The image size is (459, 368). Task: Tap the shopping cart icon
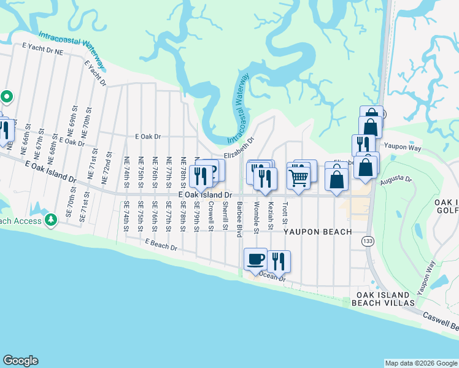pyautogui.click(x=298, y=178)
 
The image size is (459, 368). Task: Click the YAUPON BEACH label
pyautogui.click(x=317, y=232)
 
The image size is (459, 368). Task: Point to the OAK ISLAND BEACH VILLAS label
pyautogui.click(x=386, y=299)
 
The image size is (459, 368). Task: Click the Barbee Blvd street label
pyautogui.click(x=239, y=218)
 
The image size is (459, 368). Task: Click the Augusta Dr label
pyautogui.click(x=396, y=178)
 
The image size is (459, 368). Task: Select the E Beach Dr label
pyautogui.click(x=161, y=245)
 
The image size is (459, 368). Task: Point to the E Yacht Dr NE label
pyautogui.click(x=42, y=49)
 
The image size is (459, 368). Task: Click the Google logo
pyautogui.click(x=21, y=361)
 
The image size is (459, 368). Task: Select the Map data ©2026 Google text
pyautogui.click(x=420, y=363)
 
